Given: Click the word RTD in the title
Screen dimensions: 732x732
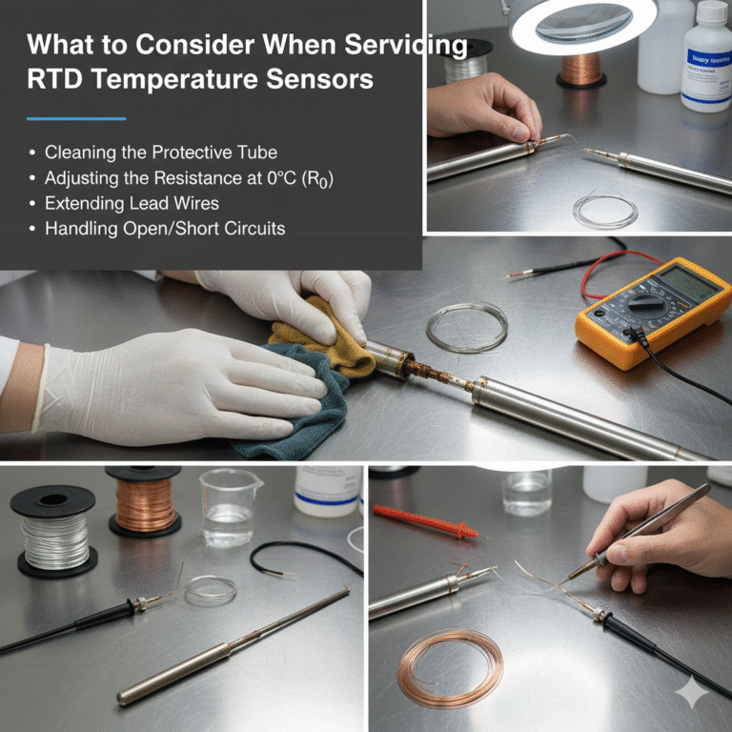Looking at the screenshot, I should (x=55, y=79).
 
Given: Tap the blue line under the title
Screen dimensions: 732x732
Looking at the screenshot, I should (x=76, y=119).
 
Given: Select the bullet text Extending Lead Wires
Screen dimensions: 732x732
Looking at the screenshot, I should (x=131, y=203).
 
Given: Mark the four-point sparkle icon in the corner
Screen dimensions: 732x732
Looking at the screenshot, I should (x=691, y=694).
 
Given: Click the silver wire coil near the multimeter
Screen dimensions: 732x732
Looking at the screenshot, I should (x=466, y=327).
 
